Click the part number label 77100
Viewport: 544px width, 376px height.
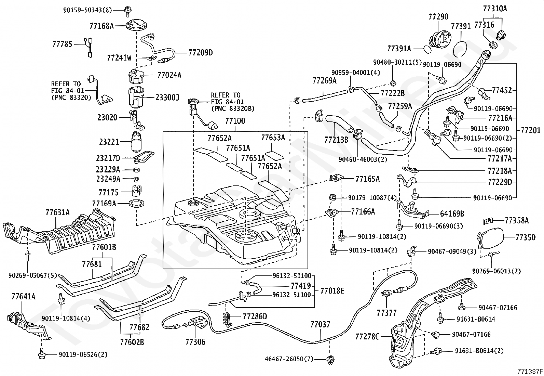235,121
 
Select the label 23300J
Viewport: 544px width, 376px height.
167,98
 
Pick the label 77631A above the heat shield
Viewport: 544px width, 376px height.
57,212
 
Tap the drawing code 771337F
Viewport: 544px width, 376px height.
529,371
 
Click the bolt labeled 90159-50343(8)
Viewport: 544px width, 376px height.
128,11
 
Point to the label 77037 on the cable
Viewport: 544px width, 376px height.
321,324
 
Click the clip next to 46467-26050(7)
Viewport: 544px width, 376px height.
331,359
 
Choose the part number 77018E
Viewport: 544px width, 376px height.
332,290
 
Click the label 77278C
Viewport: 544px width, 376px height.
367,336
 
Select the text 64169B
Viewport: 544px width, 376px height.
452,214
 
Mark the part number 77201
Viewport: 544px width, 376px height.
531,130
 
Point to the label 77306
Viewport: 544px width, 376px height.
195,341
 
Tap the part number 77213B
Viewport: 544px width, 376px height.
336,139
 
